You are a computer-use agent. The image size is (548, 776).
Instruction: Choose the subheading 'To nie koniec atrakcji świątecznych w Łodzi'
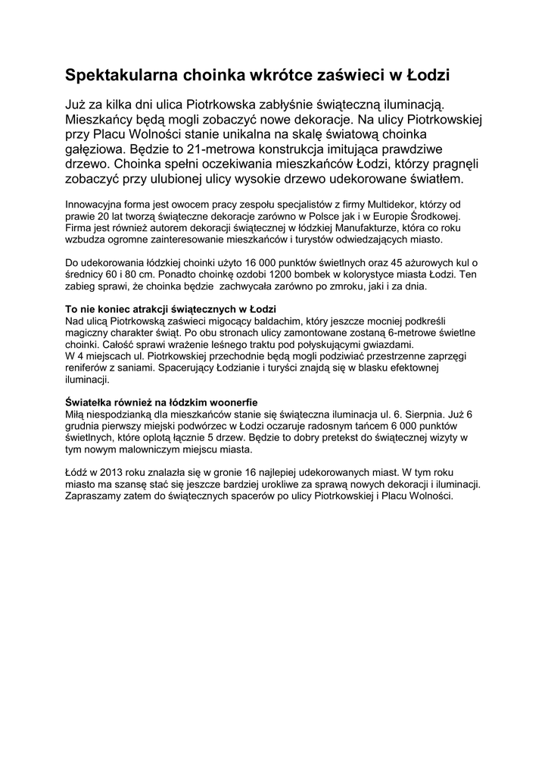point(170,310)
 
